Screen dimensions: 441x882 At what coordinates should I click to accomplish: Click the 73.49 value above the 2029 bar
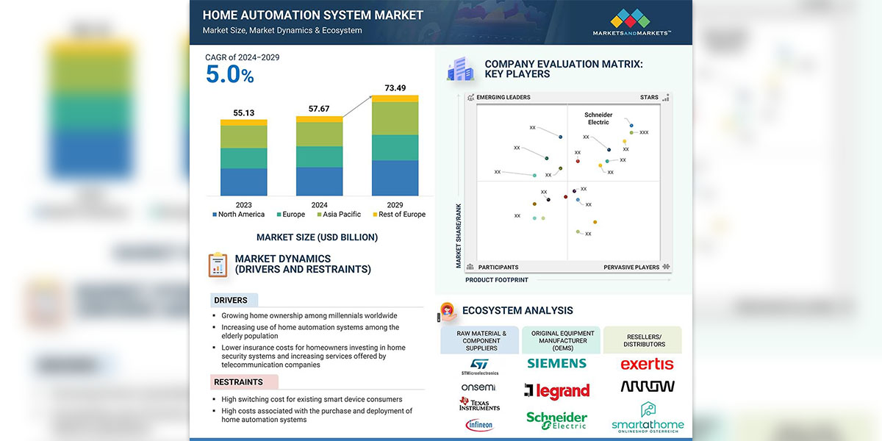pos(395,88)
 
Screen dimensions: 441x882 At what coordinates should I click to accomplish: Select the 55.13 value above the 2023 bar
pos(243,113)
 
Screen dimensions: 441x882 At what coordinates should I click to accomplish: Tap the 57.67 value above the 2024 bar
pos(318,109)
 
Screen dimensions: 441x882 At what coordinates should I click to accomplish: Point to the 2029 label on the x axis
pos(395,205)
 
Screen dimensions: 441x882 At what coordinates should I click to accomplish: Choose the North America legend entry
pos(239,215)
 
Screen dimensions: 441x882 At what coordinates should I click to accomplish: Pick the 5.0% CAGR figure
pos(229,74)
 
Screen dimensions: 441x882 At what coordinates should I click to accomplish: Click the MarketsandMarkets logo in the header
pos(631,23)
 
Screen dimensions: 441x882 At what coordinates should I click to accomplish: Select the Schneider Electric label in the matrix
pos(598,118)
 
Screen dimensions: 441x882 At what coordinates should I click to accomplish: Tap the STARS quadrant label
pos(649,97)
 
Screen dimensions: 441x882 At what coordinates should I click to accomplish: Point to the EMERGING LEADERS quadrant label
pos(503,97)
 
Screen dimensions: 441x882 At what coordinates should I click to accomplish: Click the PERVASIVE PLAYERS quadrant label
pos(631,268)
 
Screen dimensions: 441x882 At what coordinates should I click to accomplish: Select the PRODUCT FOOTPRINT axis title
pos(496,280)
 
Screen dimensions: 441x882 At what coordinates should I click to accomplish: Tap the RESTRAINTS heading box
pos(239,382)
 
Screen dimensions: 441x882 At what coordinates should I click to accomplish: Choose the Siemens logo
pos(556,363)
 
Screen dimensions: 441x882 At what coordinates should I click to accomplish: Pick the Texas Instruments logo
pos(479,404)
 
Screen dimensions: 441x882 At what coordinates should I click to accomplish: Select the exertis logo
pos(647,364)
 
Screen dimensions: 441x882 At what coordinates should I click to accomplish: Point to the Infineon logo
pos(479,425)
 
